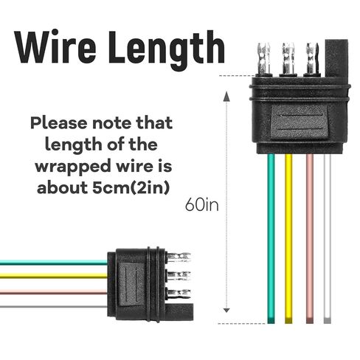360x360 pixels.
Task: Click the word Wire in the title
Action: point(55,46)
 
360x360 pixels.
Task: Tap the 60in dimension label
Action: point(201,204)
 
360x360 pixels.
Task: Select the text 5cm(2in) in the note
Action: point(131,188)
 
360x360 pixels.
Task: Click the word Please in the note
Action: point(58,123)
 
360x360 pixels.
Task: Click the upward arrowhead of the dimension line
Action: point(226,96)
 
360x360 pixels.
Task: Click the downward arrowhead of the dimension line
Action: point(226,311)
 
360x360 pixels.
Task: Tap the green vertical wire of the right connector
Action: point(271,238)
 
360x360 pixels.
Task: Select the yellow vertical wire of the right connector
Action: point(288,238)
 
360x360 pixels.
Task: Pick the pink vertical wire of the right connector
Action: point(310,238)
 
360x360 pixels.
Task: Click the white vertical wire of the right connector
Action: point(328,238)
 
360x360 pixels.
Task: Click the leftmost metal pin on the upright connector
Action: point(263,58)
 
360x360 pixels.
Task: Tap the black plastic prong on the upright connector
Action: point(336,58)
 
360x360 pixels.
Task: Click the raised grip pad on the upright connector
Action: point(300,122)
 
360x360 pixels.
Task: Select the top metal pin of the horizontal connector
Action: point(179,257)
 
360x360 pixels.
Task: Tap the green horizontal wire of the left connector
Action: point(54,263)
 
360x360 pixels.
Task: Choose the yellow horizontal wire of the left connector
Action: point(54,276)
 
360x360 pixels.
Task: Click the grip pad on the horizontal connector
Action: point(131,284)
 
